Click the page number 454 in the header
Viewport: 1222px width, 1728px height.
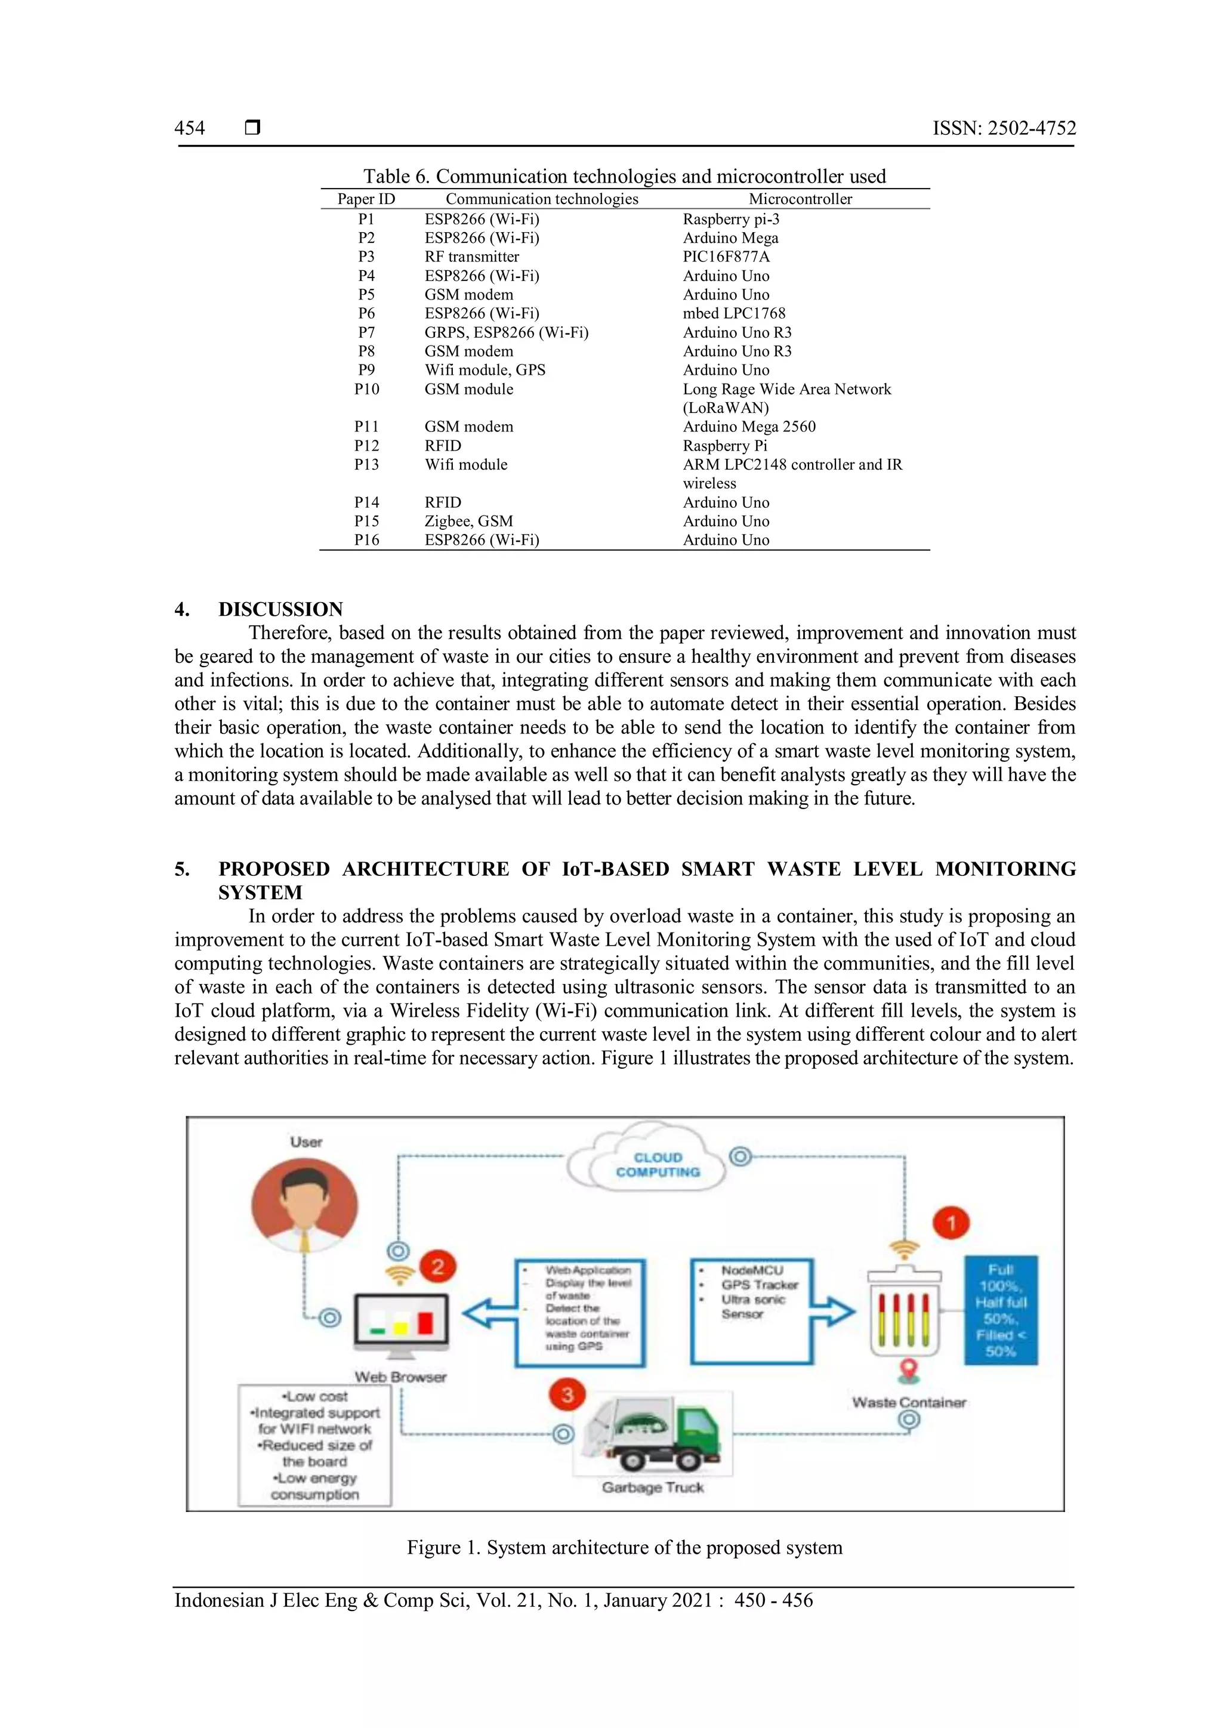[x=190, y=128]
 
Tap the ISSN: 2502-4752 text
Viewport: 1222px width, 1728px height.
[x=1004, y=128]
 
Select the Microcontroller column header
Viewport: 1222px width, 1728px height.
[x=800, y=199]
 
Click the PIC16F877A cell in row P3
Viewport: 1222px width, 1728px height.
[x=726, y=257]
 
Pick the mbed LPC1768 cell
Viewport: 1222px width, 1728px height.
[x=734, y=313]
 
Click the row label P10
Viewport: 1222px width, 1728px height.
[x=366, y=389]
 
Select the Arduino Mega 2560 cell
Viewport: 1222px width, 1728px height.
[x=749, y=427]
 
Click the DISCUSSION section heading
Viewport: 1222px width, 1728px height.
[x=280, y=609]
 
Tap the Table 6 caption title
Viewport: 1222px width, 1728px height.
[x=625, y=176]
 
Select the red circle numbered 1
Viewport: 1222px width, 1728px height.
[x=951, y=1223]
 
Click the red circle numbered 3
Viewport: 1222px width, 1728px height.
[x=567, y=1394]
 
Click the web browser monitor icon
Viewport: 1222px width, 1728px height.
[x=401, y=1325]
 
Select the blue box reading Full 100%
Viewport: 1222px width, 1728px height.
[x=1000, y=1310]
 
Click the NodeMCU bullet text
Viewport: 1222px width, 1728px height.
[x=752, y=1270]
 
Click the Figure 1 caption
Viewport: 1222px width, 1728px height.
[x=625, y=1547]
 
